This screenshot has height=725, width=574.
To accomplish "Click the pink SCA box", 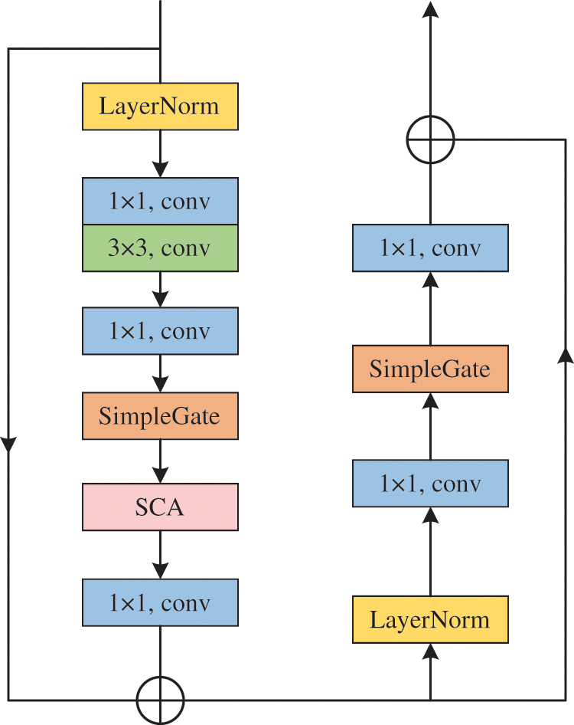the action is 160,507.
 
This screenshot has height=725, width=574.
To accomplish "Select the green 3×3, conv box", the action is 160,248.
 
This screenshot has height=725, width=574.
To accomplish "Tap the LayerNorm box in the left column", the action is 160,107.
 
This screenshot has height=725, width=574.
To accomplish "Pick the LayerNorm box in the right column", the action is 430,619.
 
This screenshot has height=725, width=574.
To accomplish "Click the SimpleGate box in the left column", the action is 160,415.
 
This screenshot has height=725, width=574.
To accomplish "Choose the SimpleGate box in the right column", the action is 430,369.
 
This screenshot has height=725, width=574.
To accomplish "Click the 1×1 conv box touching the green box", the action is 160,201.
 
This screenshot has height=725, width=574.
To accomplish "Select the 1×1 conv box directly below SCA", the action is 160,602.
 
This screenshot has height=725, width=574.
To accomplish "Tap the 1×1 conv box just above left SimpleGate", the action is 160,331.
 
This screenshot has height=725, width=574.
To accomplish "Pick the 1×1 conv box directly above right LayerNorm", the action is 430,483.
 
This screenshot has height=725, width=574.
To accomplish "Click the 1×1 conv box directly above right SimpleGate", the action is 430,248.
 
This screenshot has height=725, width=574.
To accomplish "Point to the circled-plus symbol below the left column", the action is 160,677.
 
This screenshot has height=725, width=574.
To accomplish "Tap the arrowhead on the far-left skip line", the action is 8,444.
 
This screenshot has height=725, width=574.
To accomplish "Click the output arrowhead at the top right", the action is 430,9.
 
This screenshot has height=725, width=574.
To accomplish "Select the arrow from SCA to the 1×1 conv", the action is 160,554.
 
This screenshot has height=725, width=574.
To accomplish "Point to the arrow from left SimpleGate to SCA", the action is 160,461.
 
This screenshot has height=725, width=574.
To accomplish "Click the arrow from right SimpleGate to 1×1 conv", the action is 430,308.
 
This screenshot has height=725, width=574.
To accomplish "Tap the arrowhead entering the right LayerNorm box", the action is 430,651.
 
